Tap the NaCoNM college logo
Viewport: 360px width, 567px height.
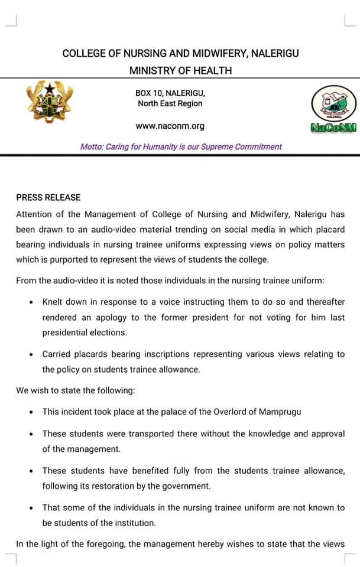pyautogui.click(x=333, y=108)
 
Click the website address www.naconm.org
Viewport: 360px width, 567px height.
pyautogui.click(x=170, y=126)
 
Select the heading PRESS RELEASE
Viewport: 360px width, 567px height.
pyautogui.click(x=48, y=197)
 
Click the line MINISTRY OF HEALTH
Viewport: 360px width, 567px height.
pyautogui.click(x=180, y=71)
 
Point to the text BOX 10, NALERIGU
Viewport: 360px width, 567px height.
pyautogui.click(x=170, y=93)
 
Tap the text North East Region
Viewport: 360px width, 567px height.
pyautogui.click(x=170, y=104)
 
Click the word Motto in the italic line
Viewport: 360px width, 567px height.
pyautogui.click(x=91, y=146)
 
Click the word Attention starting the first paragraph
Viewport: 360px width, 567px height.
pyautogui.click(x=35, y=214)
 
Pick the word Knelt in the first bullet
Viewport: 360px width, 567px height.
pyautogui.click(x=53, y=302)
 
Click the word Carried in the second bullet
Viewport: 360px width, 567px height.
pyautogui.click(x=57, y=354)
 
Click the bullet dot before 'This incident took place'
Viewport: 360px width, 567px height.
pyautogui.click(x=31, y=412)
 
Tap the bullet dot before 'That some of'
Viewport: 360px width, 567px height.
pyautogui.click(x=31, y=508)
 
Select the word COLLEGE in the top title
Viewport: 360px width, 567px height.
pyautogui.click(x=84, y=53)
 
